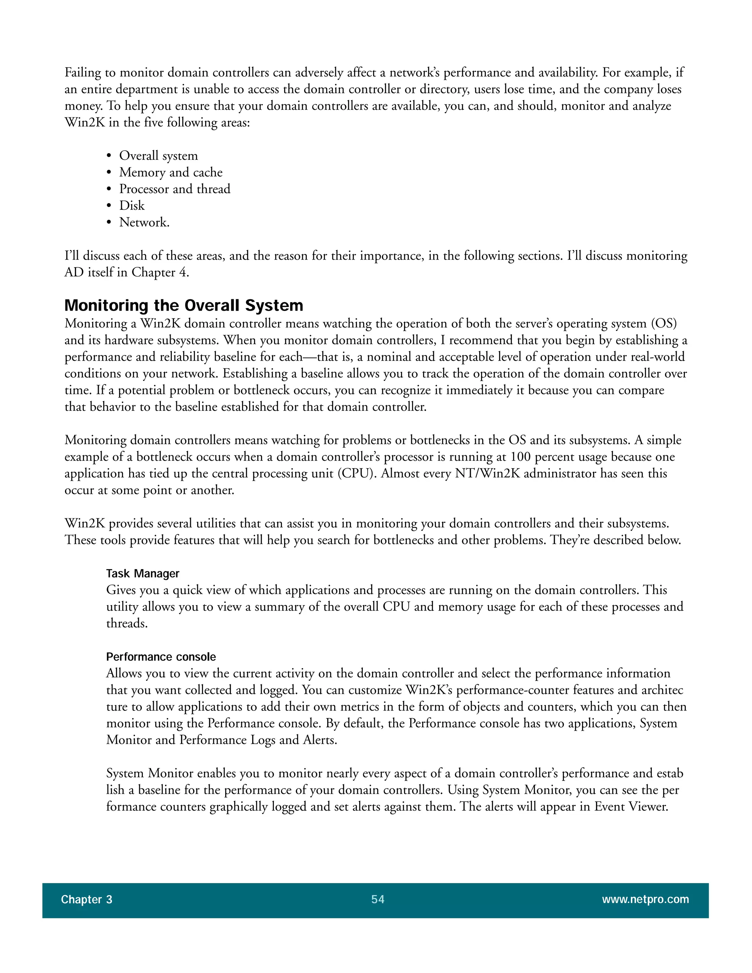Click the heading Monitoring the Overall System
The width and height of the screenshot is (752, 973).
coord(184,305)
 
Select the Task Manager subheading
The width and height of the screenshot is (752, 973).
coord(142,574)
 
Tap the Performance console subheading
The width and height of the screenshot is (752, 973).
coord(161,657)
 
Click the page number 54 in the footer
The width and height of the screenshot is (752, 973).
coord(378,900)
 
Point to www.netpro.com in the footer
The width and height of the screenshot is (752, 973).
coord(645,900)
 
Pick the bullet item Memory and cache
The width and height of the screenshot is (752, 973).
coord(171,173)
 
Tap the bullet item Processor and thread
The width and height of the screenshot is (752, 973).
coord(175,189)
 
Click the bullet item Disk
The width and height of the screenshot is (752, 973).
coord(132,206)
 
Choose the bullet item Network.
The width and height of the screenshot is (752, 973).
coord(144,222)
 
